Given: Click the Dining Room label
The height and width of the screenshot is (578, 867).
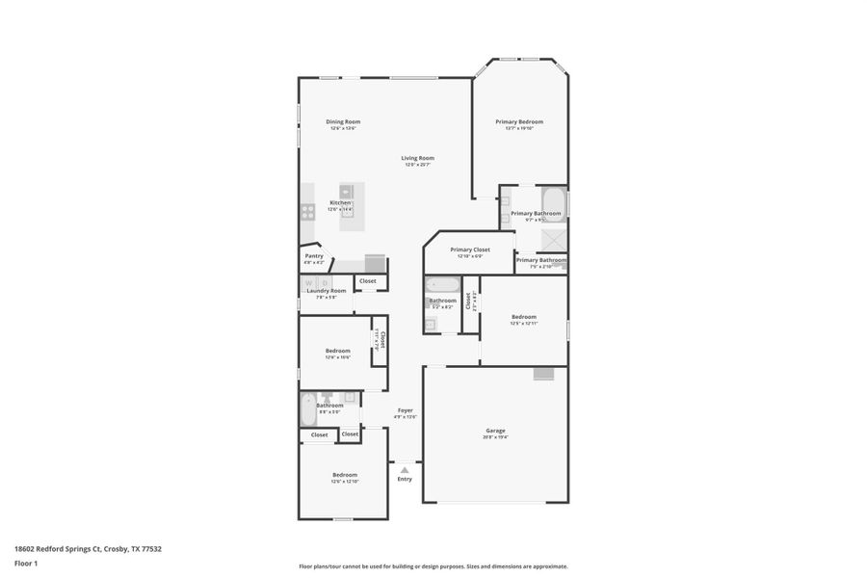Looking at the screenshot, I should [343, 121].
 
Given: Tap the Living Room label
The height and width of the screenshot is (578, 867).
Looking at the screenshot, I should [417, 158].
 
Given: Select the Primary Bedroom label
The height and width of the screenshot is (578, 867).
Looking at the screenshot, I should [519, 121].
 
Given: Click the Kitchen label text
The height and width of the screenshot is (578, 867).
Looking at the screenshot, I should [340, 202].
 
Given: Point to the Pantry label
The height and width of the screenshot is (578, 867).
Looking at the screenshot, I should [314, 255].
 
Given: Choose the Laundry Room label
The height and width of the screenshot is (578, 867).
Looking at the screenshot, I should [326, 290].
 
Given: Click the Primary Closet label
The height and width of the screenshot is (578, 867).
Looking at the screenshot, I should [470, 250].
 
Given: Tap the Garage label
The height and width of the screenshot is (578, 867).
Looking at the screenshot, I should [495, 431].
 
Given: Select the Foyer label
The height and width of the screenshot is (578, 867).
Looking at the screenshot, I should [406, 410].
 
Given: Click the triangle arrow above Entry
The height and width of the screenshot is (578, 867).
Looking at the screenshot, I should [405, 470].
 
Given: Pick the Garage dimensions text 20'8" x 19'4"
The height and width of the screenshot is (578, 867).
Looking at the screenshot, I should [495, 437].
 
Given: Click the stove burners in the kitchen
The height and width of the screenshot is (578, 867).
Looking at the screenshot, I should [307, 211].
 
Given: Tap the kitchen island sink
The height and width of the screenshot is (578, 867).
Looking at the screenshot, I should [347, 192].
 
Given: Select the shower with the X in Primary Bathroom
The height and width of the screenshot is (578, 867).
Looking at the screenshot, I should [553, 240].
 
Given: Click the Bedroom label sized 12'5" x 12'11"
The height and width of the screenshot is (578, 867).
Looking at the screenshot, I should [524, 317].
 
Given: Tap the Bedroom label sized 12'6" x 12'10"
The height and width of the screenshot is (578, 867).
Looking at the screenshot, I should [345, 474].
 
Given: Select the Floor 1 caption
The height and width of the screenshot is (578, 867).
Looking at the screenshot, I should [25, 563].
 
